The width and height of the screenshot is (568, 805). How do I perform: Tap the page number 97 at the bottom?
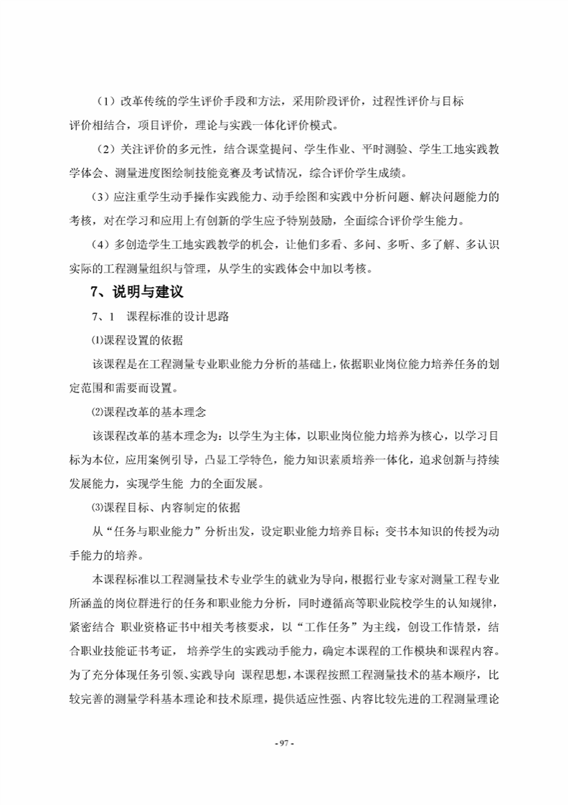pyautogui.click(x=285, y=743)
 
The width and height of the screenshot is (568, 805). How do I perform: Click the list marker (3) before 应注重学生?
pyautogui.click(x=100, y=197)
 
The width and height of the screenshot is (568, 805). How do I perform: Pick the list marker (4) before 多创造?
pyautogui.click(x=100, y=245)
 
